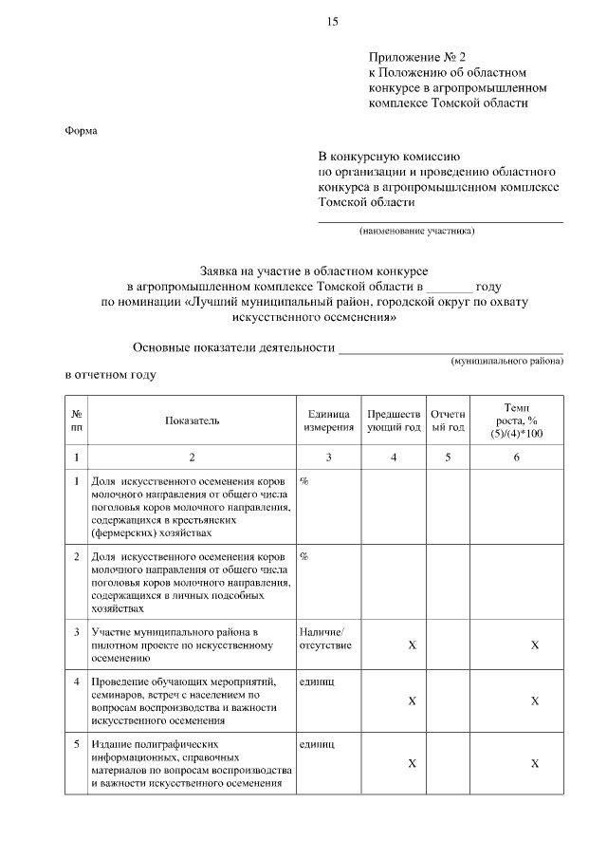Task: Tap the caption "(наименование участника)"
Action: pyautogui.click(x=416, y=231)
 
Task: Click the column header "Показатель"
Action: pyautogui.click(x=191, y=420)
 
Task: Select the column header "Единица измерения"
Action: pyautogui.click(x=328, y=420)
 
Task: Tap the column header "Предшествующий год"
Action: pyautogui.click(x=394, y=420)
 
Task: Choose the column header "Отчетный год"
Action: pyautogui.click(x=448, y=420)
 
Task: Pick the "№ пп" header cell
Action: pyautogui.click(x=76, y=420)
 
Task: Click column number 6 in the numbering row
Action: pyautogui.click(x=517, y=458)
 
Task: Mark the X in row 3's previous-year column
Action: pyautogui.click(x=412, y=645)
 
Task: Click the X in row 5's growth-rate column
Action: pyautogui.click(x=535, y=764)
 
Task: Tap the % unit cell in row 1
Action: pyautogui.click(x=304, y=482)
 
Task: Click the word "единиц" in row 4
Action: pyautogui.click(x=316, y=682)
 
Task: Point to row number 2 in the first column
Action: pyautogui.click(x=77, y=555)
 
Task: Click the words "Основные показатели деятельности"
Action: pyautogui.click(x=233, y=347)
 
